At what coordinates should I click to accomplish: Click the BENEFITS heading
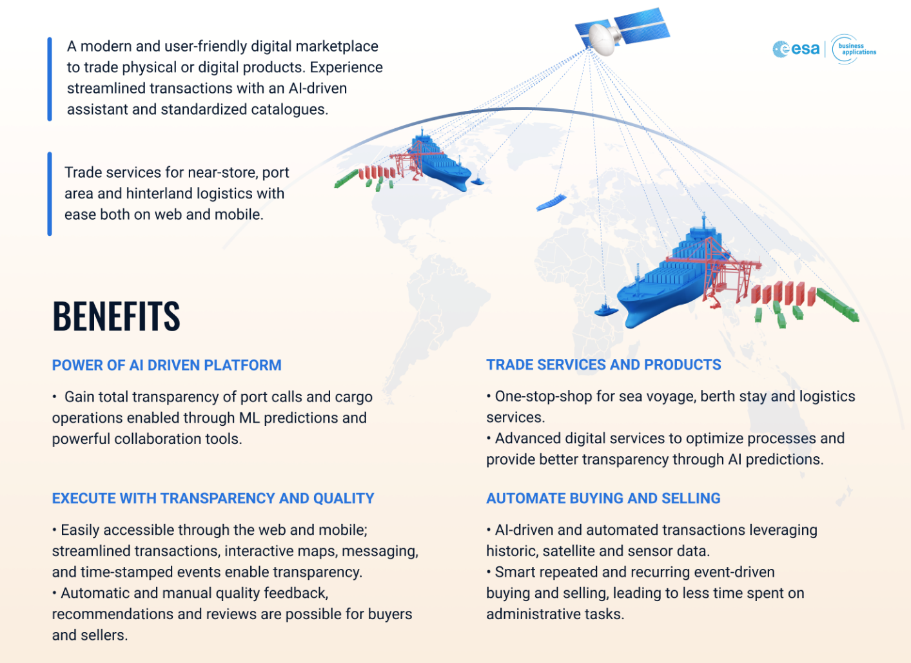[116, 316]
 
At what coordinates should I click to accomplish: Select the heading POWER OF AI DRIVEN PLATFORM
[167, 365]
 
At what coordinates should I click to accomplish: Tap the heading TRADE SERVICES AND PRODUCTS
[603, 365]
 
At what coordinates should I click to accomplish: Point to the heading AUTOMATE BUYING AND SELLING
[603, 498]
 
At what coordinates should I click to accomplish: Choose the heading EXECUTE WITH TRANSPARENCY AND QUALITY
[213, 498]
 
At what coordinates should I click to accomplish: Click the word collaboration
[152, 439]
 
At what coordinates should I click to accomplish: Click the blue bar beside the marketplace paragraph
[50, 79]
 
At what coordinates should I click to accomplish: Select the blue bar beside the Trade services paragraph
[50, 194]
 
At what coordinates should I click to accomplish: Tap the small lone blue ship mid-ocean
[551, 202]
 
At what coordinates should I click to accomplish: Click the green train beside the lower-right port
[838, 305]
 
